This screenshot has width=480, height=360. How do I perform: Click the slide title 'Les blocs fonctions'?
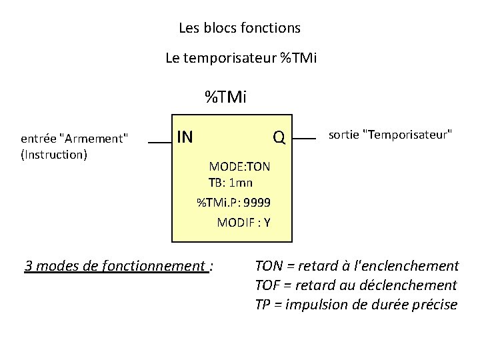point(239,29)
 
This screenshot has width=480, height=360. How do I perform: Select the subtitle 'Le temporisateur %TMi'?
point(241,58)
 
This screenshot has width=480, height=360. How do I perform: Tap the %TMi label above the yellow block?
point(226,98)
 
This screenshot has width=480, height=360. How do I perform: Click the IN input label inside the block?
point(185,137)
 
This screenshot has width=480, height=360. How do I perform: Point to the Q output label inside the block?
point(279,138)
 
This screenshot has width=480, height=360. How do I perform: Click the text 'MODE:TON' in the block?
point(239,166)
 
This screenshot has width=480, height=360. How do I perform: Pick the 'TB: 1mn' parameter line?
point(230,183)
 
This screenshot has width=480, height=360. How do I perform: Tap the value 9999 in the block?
point(257,203)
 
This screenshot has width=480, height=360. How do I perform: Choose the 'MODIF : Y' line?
point(243,223)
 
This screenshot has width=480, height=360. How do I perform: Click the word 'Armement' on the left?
point(93,139)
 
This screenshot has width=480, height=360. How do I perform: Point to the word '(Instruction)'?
point(54,155)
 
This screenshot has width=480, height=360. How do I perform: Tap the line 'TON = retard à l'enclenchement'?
point(357,267)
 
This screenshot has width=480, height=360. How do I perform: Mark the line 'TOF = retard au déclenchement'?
point(356,285)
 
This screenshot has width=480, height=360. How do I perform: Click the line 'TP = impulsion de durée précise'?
point(356,305)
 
